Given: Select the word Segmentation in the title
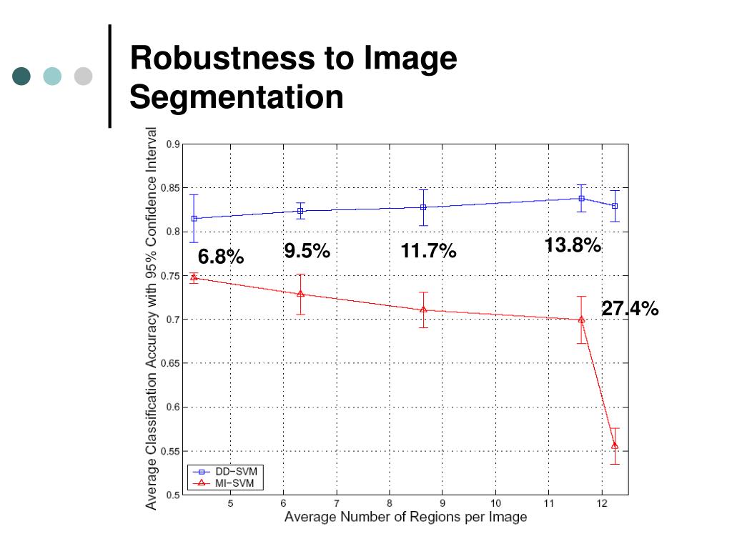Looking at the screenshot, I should click(x=237, y=97).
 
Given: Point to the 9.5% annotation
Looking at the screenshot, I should click(x=307, y=251).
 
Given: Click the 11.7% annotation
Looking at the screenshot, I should click(x=428, y=252).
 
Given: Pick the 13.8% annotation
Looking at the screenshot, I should click(x=572, y=246).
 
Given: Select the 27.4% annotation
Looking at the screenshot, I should click(x=629, y=309).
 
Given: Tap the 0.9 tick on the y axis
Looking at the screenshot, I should click(x=173, y=144).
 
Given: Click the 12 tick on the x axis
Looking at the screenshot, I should click(x=602, y=503).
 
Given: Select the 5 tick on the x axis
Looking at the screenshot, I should click(x=230, y=503).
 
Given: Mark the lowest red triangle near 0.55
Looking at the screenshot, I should click(x=615, y=446).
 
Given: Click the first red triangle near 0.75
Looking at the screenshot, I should click(x=194, y=277).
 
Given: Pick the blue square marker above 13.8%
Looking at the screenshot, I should click(x=582, y=198).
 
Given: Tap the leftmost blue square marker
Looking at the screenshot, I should click(x=194, y=218).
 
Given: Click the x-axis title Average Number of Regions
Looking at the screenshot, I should click(x=405, y=517).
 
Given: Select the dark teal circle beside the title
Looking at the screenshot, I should click(x=22, y=76).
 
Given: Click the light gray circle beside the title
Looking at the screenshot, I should click(x=84, y=76).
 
